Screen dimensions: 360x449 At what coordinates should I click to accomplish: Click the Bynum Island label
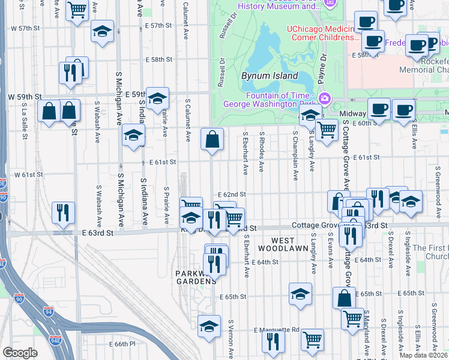(x=270, y=76)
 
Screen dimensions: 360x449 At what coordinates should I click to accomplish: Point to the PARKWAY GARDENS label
(x=196, y=277)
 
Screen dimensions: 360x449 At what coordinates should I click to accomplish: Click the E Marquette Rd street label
(x=276, y=330)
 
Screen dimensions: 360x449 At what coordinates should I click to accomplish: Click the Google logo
(x=20, y=352)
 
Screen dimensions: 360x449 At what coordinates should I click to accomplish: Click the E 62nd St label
(x=232, y=194)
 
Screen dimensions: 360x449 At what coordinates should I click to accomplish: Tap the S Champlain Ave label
(x=295, y=156)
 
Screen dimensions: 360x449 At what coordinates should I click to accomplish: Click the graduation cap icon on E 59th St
(x=157, y=99)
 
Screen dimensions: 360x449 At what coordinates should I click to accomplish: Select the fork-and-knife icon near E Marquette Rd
(x=273, y=342)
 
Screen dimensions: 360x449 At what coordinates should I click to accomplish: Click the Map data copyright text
(x=423, y=355)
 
